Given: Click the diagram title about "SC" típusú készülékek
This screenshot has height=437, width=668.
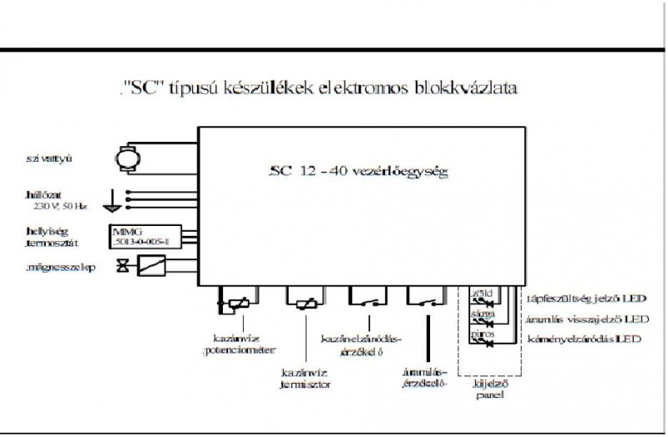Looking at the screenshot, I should pyautogui.click(x=317, y=88).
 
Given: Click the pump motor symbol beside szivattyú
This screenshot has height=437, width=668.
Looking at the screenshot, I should pyautogui.click(x=129, y=154).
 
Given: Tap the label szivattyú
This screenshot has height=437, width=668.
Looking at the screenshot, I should pyautogui.click(x=50, y=157).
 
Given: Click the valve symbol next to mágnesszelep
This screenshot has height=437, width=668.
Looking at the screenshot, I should pyautogui.click(x=124, y=267).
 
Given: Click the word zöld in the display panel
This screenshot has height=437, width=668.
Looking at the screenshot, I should pyautogui.click(x=483, y=294).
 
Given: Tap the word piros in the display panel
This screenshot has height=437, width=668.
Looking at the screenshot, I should pyautogui.click(x=483, y=333).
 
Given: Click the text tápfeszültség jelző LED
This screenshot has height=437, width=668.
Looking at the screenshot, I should pyautogui.click(x=585, y=298).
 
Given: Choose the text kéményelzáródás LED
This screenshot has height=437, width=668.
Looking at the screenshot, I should pyautogui.click(x=584, y=339).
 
